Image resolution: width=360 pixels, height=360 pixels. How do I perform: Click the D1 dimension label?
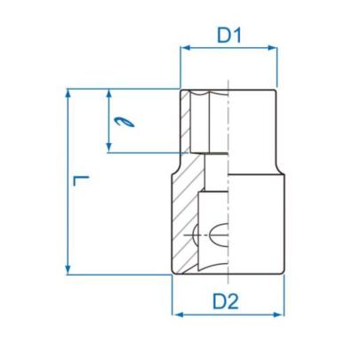pos(229,36)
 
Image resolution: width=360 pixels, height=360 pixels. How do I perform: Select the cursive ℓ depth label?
pos(124,122)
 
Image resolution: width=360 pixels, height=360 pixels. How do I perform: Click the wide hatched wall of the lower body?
pos(185,222)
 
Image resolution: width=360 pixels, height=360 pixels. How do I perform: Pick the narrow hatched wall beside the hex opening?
pos(187,124)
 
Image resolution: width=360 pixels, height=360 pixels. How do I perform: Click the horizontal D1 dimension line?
pos(229,50)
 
